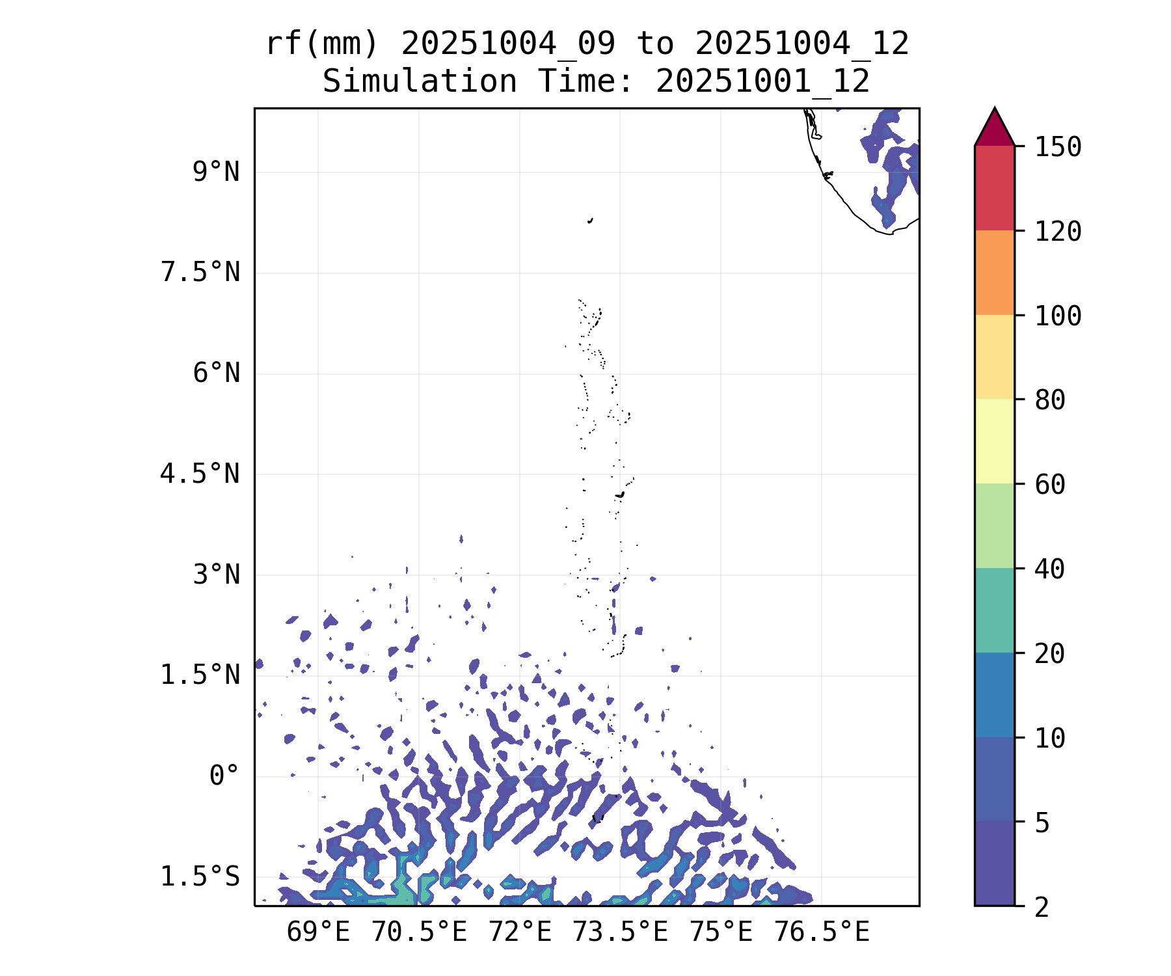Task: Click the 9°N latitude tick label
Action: tap(215, 172)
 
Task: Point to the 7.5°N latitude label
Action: tap(200, 273)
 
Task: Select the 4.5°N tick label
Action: tap(200, 474)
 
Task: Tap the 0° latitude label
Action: tap(224, 776)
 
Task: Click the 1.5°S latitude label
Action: tap(200, 877)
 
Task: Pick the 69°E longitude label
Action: tap(318, 932)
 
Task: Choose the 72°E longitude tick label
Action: tap(520, 932)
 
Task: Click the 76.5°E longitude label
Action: tap(821, 932)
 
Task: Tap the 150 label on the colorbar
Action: tap(1058, 147)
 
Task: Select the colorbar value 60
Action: tap(1050, 484)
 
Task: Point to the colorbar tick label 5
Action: tap(1042, 823)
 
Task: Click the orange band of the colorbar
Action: tap(994, 273)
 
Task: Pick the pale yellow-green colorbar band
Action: tap(994, 441)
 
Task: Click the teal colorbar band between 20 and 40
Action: tap(994, 610)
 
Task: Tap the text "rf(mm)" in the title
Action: tap(322, 44)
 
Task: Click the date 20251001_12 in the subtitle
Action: tap(762, 82)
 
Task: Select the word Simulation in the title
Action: tap(420, 82)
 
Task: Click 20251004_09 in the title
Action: tap(508, 44)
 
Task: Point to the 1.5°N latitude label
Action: tap(200, 675)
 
